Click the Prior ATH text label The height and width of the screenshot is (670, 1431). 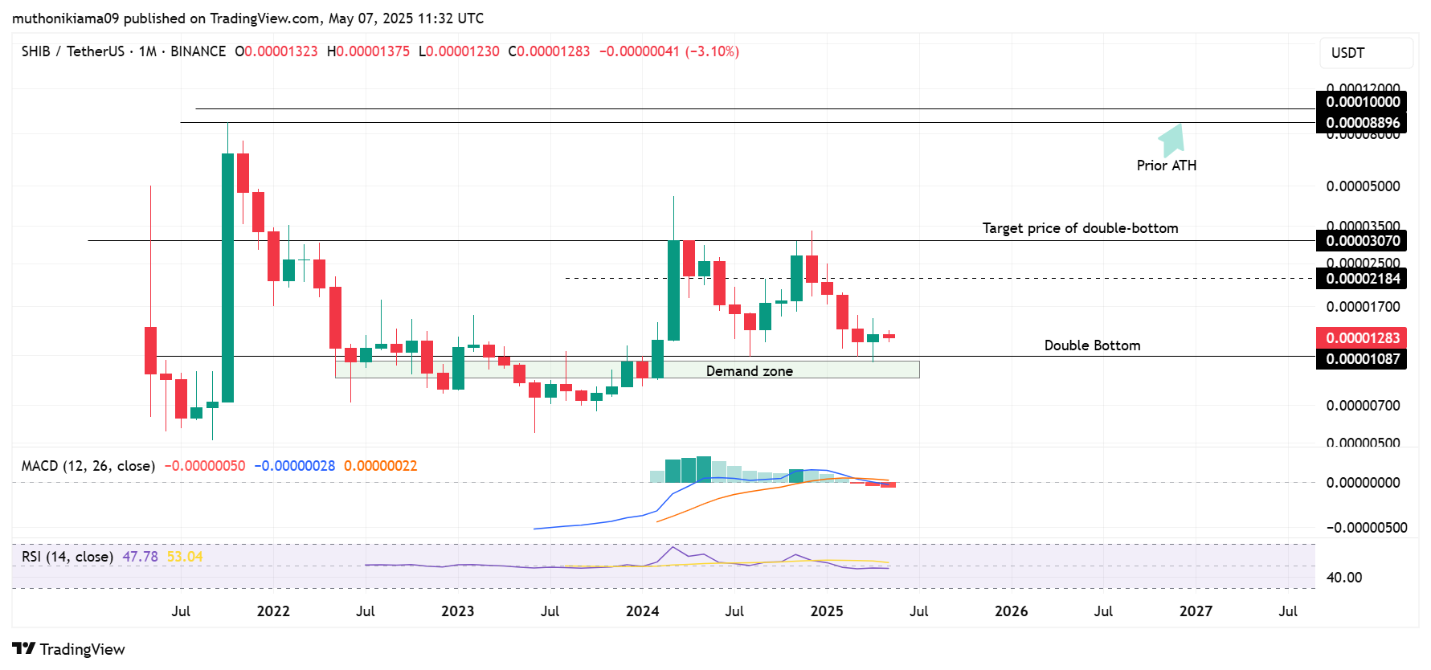click(1166, 165)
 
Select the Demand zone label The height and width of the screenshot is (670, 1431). click(749, 371)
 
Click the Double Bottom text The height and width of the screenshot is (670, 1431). click(1092, 345)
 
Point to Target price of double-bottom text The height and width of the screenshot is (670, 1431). click(1080, 228)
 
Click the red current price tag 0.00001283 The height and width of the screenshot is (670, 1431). click(1362, 338)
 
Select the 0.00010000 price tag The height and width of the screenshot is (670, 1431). click(1362, 102)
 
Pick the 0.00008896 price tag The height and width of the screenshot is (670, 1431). click(1362, 123)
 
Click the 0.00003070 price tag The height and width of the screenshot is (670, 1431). click(1362, 241)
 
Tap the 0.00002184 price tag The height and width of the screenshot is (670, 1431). click(1362, 279)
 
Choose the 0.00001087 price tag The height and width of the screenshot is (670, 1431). click(1362, 359)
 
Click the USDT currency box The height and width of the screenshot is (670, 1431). click(1365, 53)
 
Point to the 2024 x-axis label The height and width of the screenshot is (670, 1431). click(642, 611)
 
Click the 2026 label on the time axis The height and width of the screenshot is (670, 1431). click(1011, 611)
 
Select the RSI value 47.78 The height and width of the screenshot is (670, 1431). click(140, 557)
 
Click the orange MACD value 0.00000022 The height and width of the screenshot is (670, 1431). click(380, 466)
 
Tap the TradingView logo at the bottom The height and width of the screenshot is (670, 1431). click(69, 649)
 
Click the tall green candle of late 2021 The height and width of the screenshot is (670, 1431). click(228, 277)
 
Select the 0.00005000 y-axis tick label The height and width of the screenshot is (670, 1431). click(1362, 186)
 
